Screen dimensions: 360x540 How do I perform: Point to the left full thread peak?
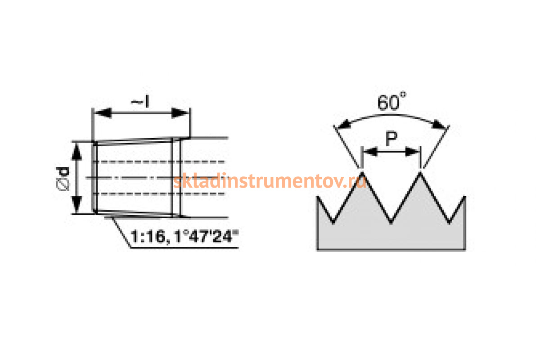coord(361,173)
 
